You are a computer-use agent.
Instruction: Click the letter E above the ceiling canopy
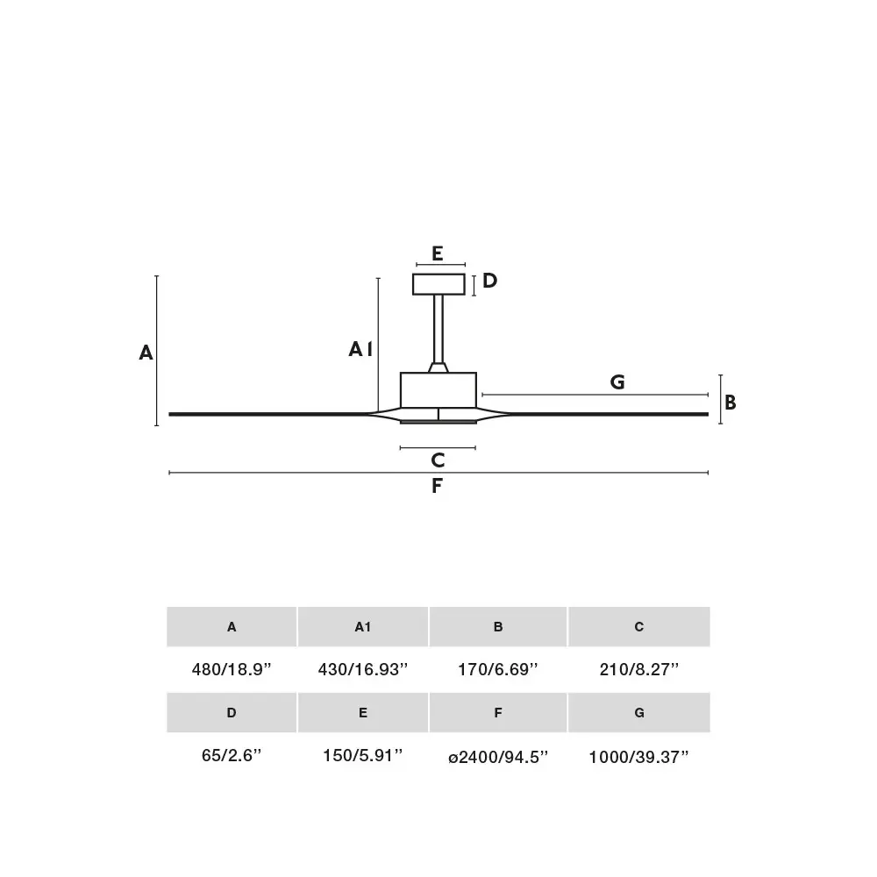[438, 253]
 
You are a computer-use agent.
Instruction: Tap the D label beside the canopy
[489, 281]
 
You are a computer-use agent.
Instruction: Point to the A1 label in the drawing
[360, 349]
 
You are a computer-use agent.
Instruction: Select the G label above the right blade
[617, 382]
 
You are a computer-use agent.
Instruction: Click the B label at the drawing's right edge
[731, 403]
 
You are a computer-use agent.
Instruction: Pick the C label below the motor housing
[438, 460]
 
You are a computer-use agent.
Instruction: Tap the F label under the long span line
[437, 486]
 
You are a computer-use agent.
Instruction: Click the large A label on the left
[146, 353]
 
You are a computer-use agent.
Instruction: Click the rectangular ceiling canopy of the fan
[438, 284]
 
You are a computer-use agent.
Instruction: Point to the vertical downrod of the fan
[438, 329]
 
